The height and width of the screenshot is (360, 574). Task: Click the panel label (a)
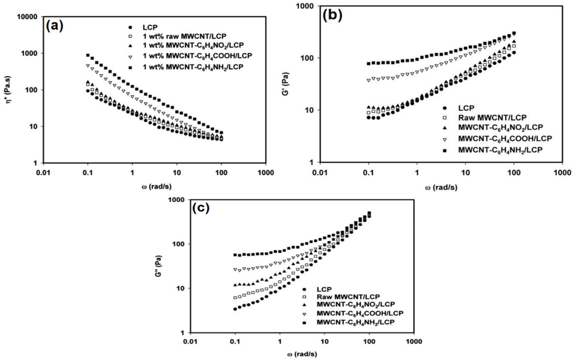[57, 26]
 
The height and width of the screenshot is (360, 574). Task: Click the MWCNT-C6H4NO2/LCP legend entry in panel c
[352, 303]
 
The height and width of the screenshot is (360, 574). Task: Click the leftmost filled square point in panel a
[88, 56]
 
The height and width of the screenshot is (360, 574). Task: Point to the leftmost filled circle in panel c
[235, 309]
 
